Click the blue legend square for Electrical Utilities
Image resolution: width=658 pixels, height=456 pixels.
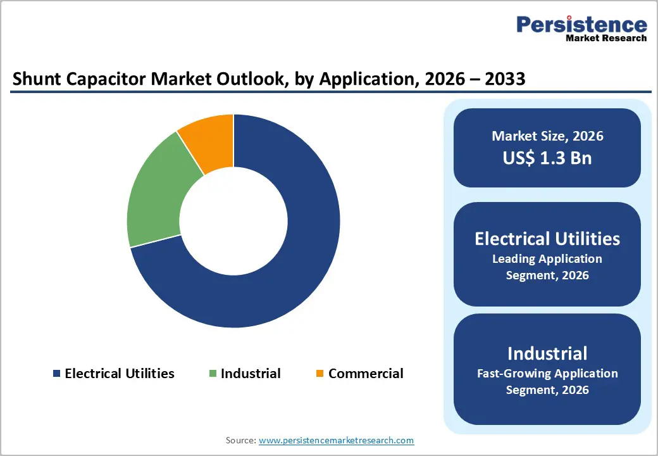click(x=57, y=374)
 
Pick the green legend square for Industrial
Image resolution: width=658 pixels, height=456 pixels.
click(x=213, y=374)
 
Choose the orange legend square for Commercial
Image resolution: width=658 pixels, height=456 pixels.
click(x=320, y=374)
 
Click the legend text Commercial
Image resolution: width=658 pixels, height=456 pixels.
click(x=366, y=374)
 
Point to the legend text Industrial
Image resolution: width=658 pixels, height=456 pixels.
click(x=251, y=374)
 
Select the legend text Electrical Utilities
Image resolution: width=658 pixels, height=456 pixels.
click(x=120, y=374)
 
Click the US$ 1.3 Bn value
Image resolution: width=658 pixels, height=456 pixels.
click(x=547, y=158)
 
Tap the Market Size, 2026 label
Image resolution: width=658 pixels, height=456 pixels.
click(x=547, y=136)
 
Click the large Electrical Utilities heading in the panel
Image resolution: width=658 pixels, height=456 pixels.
click(x=547, y=239)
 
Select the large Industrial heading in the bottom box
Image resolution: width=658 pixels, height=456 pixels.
click(x=547, y=353)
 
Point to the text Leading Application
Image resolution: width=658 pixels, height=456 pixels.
click(x=547, y=259)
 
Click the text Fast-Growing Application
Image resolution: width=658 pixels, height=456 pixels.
click(x=547, y=373)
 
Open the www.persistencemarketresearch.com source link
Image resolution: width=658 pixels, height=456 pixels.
click(x=336, y=440)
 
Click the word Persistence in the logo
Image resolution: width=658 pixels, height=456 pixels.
click(x=581, y=25)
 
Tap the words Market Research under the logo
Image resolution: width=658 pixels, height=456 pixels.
click(x=606, y=38)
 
